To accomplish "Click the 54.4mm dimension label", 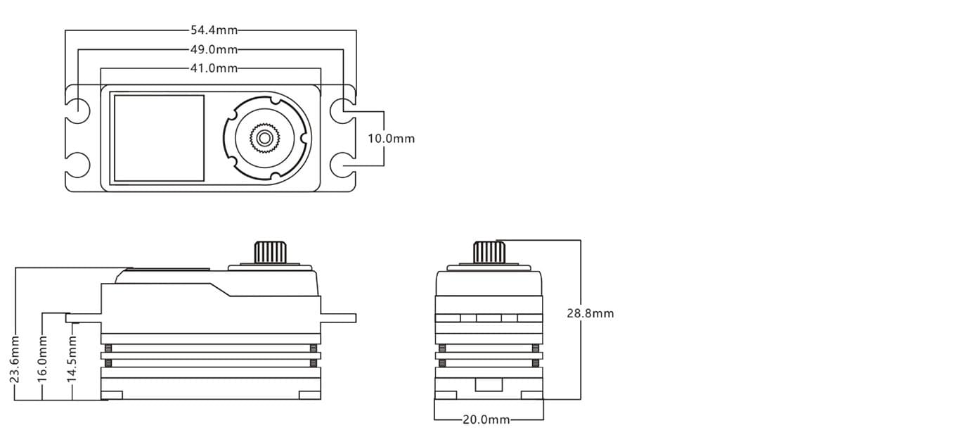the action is [x=214, y=30].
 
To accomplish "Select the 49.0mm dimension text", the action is [x=214, y=49].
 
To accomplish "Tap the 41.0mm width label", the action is [x=214, y=68].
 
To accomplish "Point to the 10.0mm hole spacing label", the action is [x=392, y=139].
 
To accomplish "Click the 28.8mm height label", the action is [x=590, y=313].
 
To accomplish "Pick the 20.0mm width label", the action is [x=486, y=419].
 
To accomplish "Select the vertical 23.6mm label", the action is [x=15, y=359].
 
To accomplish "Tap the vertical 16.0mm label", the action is [x=42, y=359].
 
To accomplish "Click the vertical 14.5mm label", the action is [x=72, y=359].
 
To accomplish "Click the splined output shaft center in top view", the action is [x=264, y=138].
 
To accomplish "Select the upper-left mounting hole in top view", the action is [x=77, y=111].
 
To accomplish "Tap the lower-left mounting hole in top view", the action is [x=77, y=165].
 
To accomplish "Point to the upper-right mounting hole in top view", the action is [x=343, y=111].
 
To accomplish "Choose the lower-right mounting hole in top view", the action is [x=343, y=165].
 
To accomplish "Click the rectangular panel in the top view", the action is [x=159, y=138].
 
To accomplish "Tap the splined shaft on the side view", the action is [x=271, y=253].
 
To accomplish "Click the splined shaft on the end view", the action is [x=489, y=253].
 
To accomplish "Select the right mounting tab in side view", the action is [x=338, y=318].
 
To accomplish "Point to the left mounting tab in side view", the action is [x=83, y=318].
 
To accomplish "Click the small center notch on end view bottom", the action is [x=489, y=385].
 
